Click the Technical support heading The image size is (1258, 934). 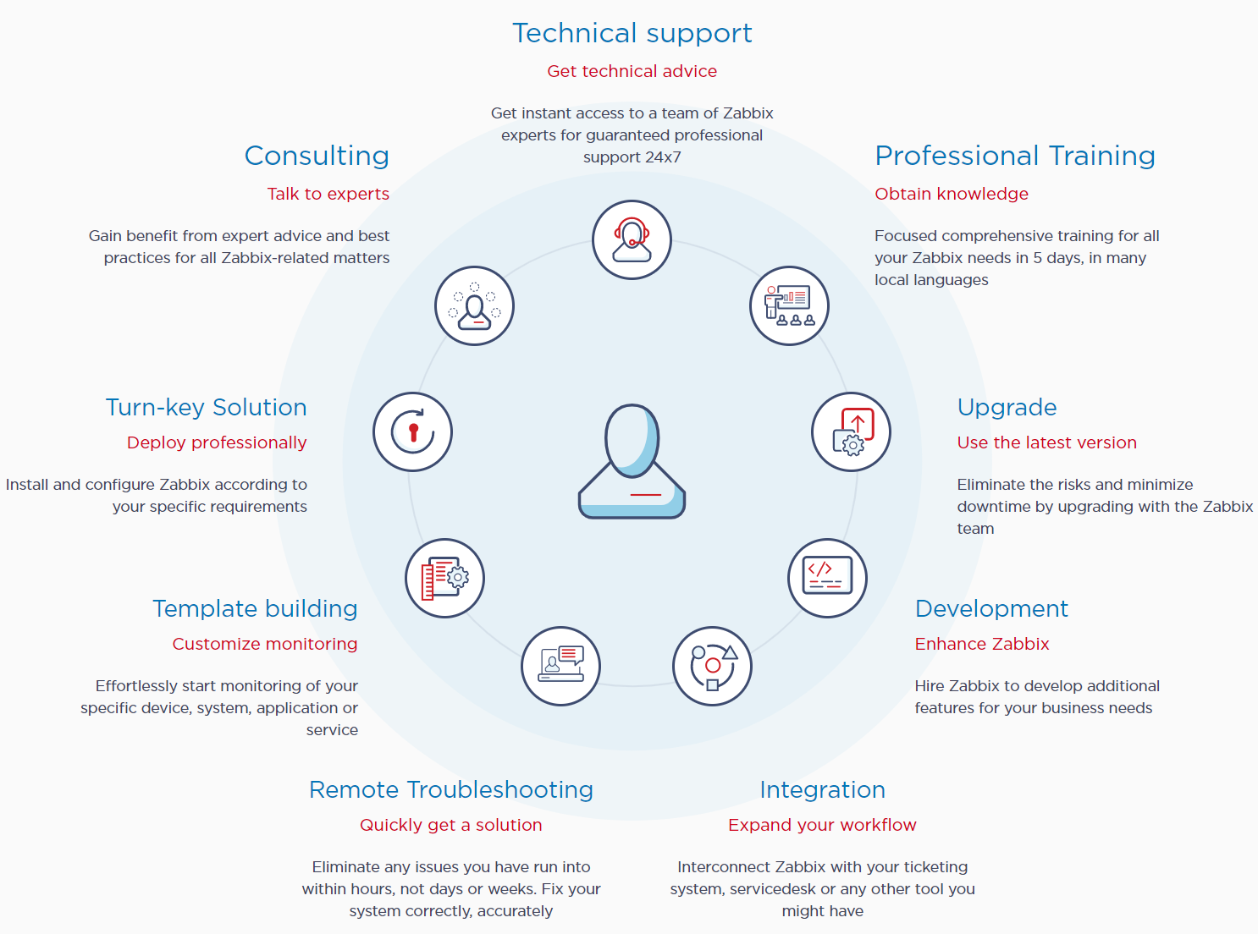coord(632,34)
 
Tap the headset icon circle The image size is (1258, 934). coord(632,239)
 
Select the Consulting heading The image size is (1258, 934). coord(317,156)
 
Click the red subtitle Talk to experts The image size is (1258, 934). coord(328,194)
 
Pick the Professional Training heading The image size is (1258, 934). coord(1015,156)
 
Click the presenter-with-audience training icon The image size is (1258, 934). coord(789,306)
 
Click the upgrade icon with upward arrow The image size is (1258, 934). coord(851,431)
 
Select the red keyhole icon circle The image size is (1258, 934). coord(412,431)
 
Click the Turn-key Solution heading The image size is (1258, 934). coord(206,408)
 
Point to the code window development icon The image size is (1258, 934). coord(827,578)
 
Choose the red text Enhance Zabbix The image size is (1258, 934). coord(982,644)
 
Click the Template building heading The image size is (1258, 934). coord(255,609)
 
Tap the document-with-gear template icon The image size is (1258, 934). coord(444,578)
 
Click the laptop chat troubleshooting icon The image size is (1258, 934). coord(560,666)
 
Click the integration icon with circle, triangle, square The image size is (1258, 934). coord(712,666)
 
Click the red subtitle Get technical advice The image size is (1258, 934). coord(632,71)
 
